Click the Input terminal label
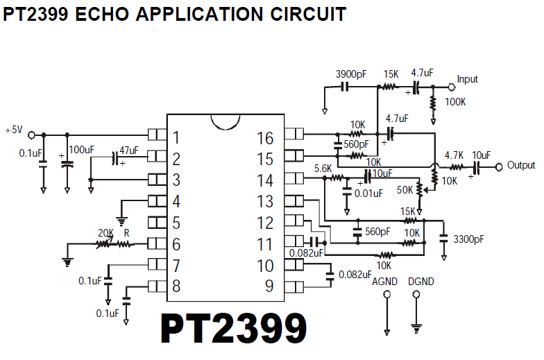tap(467, 79)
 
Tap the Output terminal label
tap(521, 165)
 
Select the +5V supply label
tap(14, 130)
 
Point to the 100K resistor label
tap(455, 102)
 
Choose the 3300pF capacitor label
tap(470, 239)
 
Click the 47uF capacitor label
tap(128, 150)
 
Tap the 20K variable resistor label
tap(105, 233)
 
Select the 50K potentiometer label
tap(405, 189)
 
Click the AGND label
tap(384, 282)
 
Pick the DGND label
tap(421, 282)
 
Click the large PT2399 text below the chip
tap(233, 328)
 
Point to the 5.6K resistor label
tap(323, 169)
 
